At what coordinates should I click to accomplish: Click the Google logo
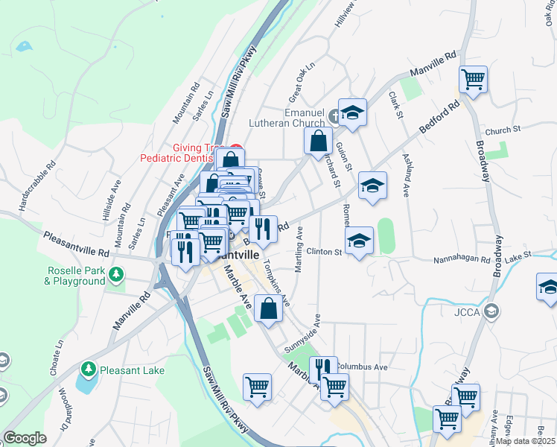click(25, 438)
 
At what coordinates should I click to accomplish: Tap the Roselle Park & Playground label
click(74, 276)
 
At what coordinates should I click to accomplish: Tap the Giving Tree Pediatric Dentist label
click(182, 153)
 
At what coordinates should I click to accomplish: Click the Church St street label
click(503, 130)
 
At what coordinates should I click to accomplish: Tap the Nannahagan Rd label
click(462, 260)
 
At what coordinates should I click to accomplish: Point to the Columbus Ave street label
click(361, 367)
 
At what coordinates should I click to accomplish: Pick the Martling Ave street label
click(299, 253)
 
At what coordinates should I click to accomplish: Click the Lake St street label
click(518, 256)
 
